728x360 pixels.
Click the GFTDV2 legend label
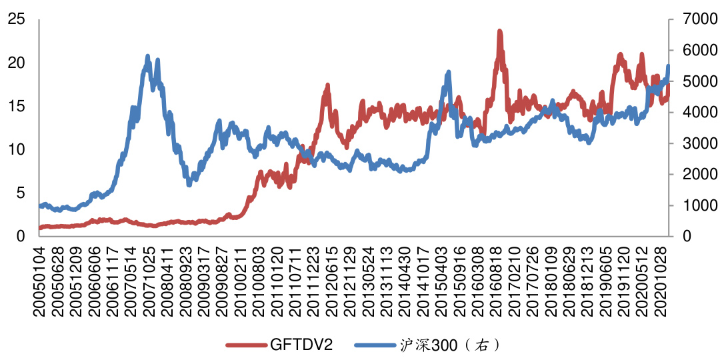(301, 345)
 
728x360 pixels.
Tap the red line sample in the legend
(247, 345)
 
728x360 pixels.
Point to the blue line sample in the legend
(375, 345)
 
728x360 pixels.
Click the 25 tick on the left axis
(17, 19)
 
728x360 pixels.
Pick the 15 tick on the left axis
(17, 107)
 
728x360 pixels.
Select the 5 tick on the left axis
(21, 193)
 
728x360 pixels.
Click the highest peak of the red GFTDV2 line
(499, 31)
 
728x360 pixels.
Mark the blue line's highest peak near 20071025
(147, 56)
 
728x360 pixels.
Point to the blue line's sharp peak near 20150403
(448, 72)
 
